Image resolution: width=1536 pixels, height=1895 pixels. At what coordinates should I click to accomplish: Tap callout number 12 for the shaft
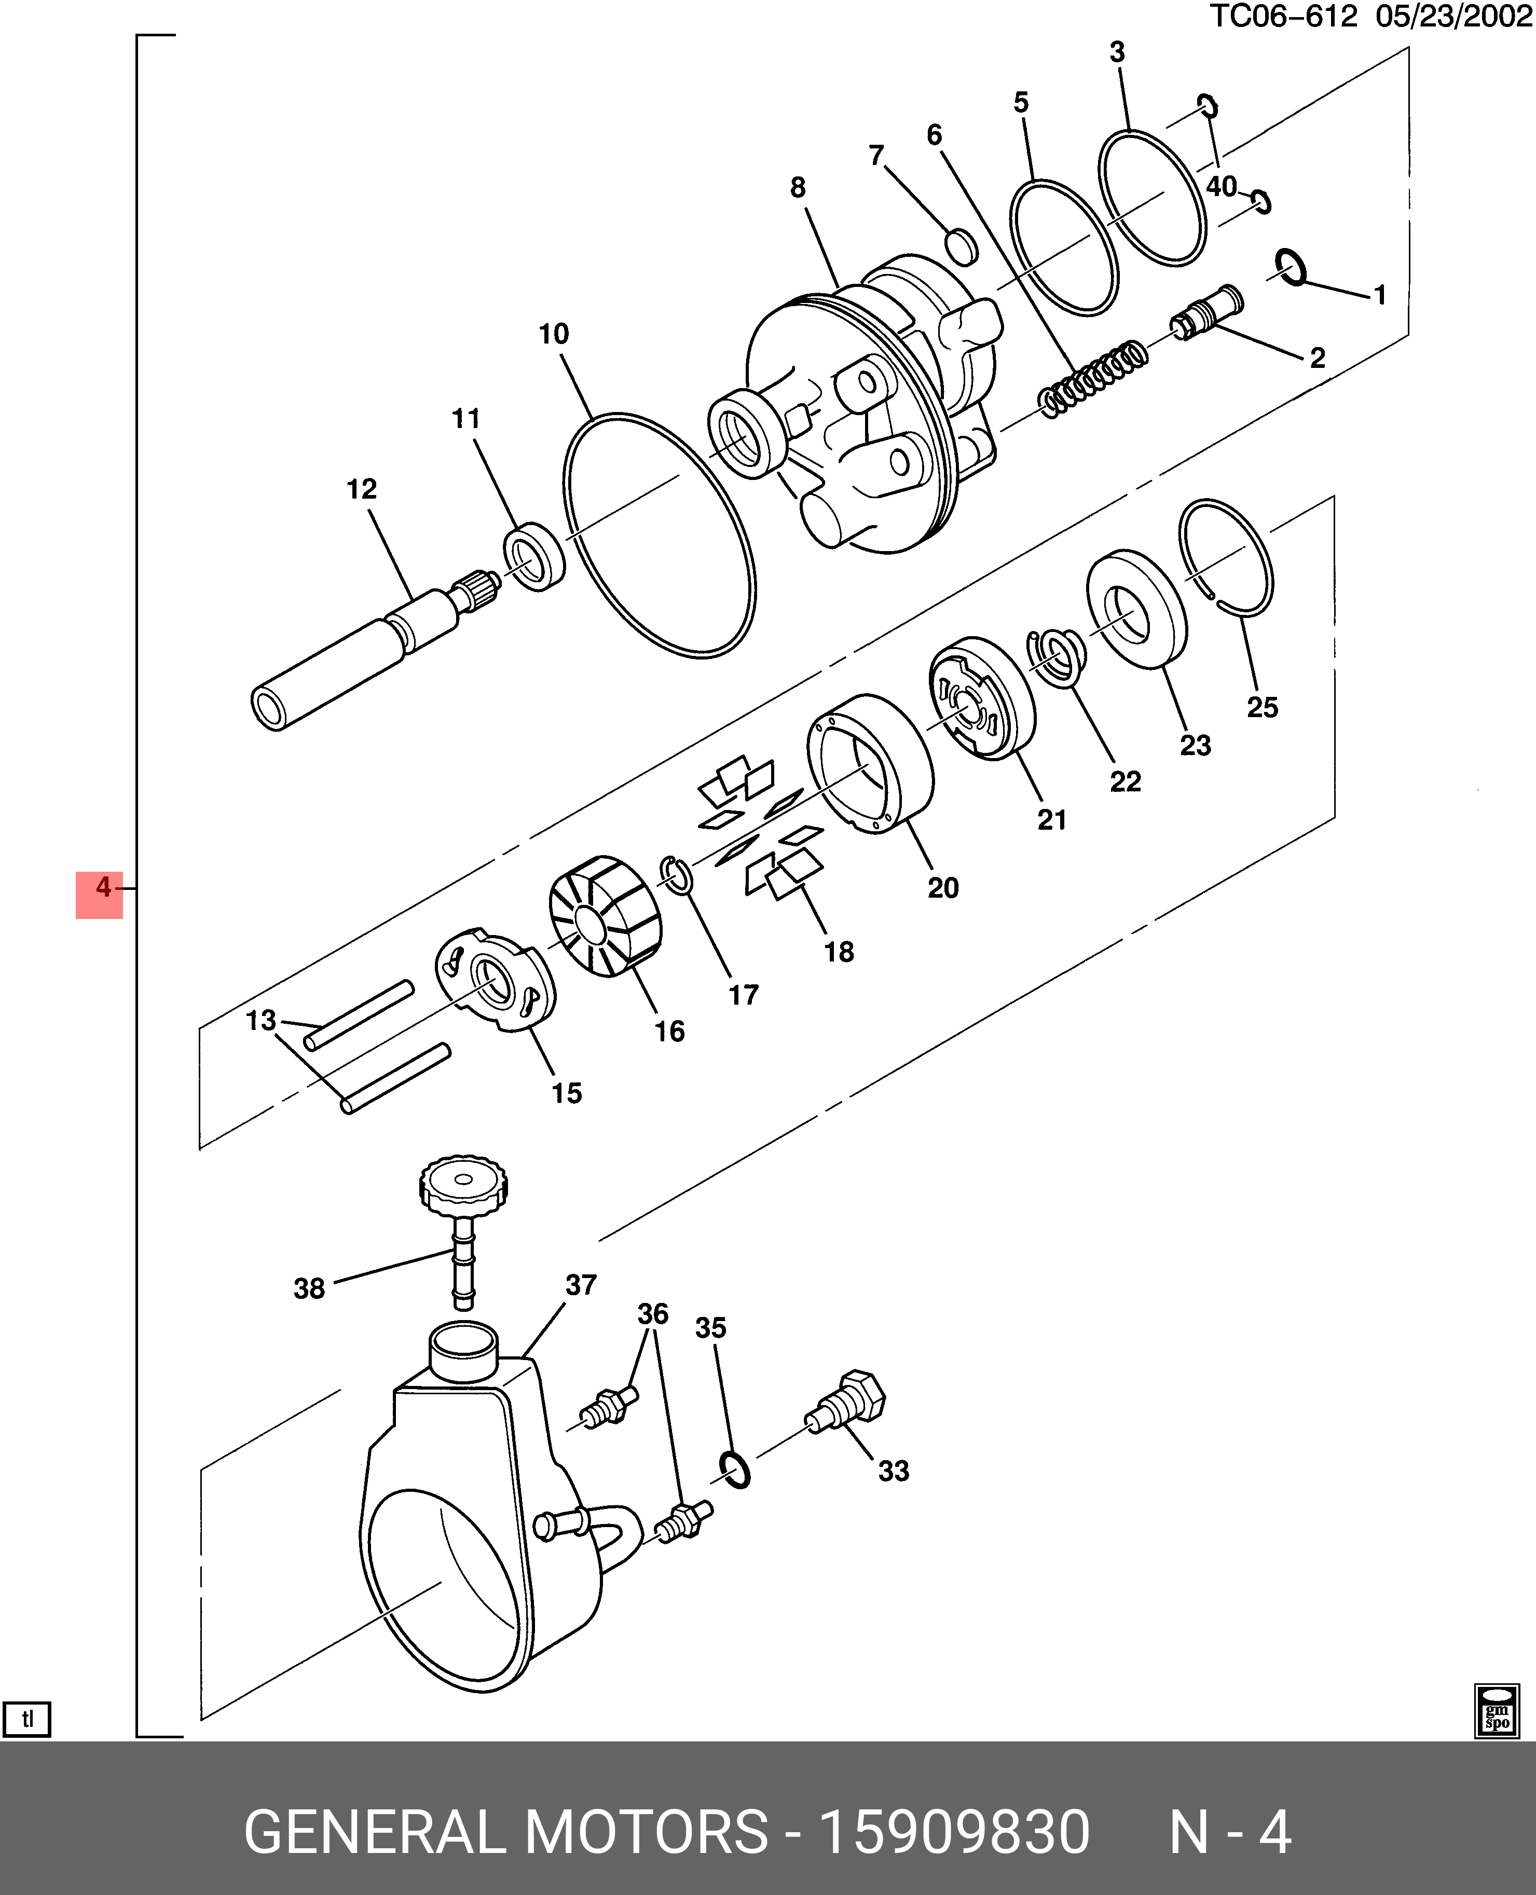[x=361, y=489]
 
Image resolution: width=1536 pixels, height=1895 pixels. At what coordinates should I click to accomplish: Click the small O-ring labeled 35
[x=734, y=1470]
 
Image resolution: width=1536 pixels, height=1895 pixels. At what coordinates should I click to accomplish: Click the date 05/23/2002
[x=1452, y=16]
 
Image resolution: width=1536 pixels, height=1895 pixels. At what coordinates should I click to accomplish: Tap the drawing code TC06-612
[x=1283, y=16]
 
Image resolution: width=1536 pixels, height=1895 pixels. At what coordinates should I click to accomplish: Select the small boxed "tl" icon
[x=28, y=1719]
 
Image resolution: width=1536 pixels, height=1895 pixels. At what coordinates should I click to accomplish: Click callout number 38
[x=309, y=1288]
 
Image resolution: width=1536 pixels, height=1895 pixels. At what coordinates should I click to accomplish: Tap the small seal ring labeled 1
[x=1292, y=267]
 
